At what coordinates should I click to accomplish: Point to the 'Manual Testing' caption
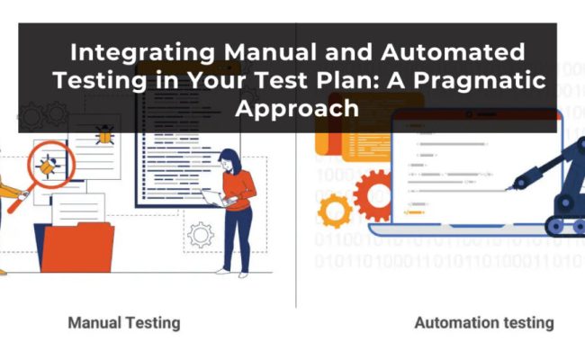point(124,321)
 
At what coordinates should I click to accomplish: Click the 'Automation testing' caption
point(483,321)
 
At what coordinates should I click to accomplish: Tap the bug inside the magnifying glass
point(45,165)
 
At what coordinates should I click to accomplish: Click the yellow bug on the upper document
point(105,137)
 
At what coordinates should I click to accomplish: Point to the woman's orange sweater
point(238,190)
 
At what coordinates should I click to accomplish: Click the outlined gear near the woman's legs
point(200,236)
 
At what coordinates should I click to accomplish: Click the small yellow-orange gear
point(335,210)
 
